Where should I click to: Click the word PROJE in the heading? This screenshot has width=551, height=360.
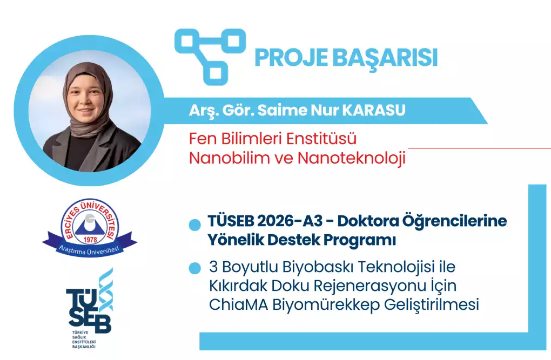(291, 57)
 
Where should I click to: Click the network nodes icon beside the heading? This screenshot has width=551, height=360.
(210, 56)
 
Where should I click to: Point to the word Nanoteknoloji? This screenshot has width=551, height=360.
(352, 158)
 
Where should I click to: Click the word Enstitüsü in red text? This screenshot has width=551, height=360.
(321, 138)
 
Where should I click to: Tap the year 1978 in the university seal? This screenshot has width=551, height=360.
(90, 240)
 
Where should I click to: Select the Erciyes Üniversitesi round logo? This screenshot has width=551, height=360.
(90, 223)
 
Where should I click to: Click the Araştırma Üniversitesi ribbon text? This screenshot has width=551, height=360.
(89, 250)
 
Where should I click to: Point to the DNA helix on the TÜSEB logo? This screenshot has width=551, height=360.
(105, 290)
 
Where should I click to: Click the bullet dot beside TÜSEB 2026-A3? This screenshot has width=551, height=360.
(194, 225)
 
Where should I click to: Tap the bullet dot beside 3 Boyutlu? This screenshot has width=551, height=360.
(194, 268)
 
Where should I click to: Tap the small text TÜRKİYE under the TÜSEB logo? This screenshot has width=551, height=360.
(80, 332)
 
